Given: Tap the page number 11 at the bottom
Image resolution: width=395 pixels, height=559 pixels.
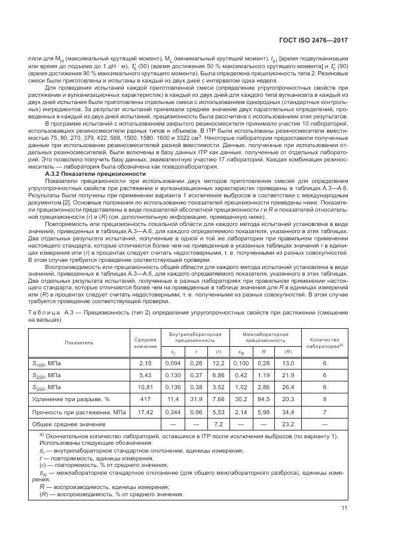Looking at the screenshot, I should (x=344, y=509).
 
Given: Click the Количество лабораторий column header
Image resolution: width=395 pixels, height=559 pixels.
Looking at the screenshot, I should (x=324, y=343).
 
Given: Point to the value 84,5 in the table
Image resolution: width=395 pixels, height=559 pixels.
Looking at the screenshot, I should (x=261, y=400).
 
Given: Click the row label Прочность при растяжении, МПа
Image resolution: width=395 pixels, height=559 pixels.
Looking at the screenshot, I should (x=74, y=413).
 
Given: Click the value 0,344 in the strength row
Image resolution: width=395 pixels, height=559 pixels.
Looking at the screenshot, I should (x=173, y=413).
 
